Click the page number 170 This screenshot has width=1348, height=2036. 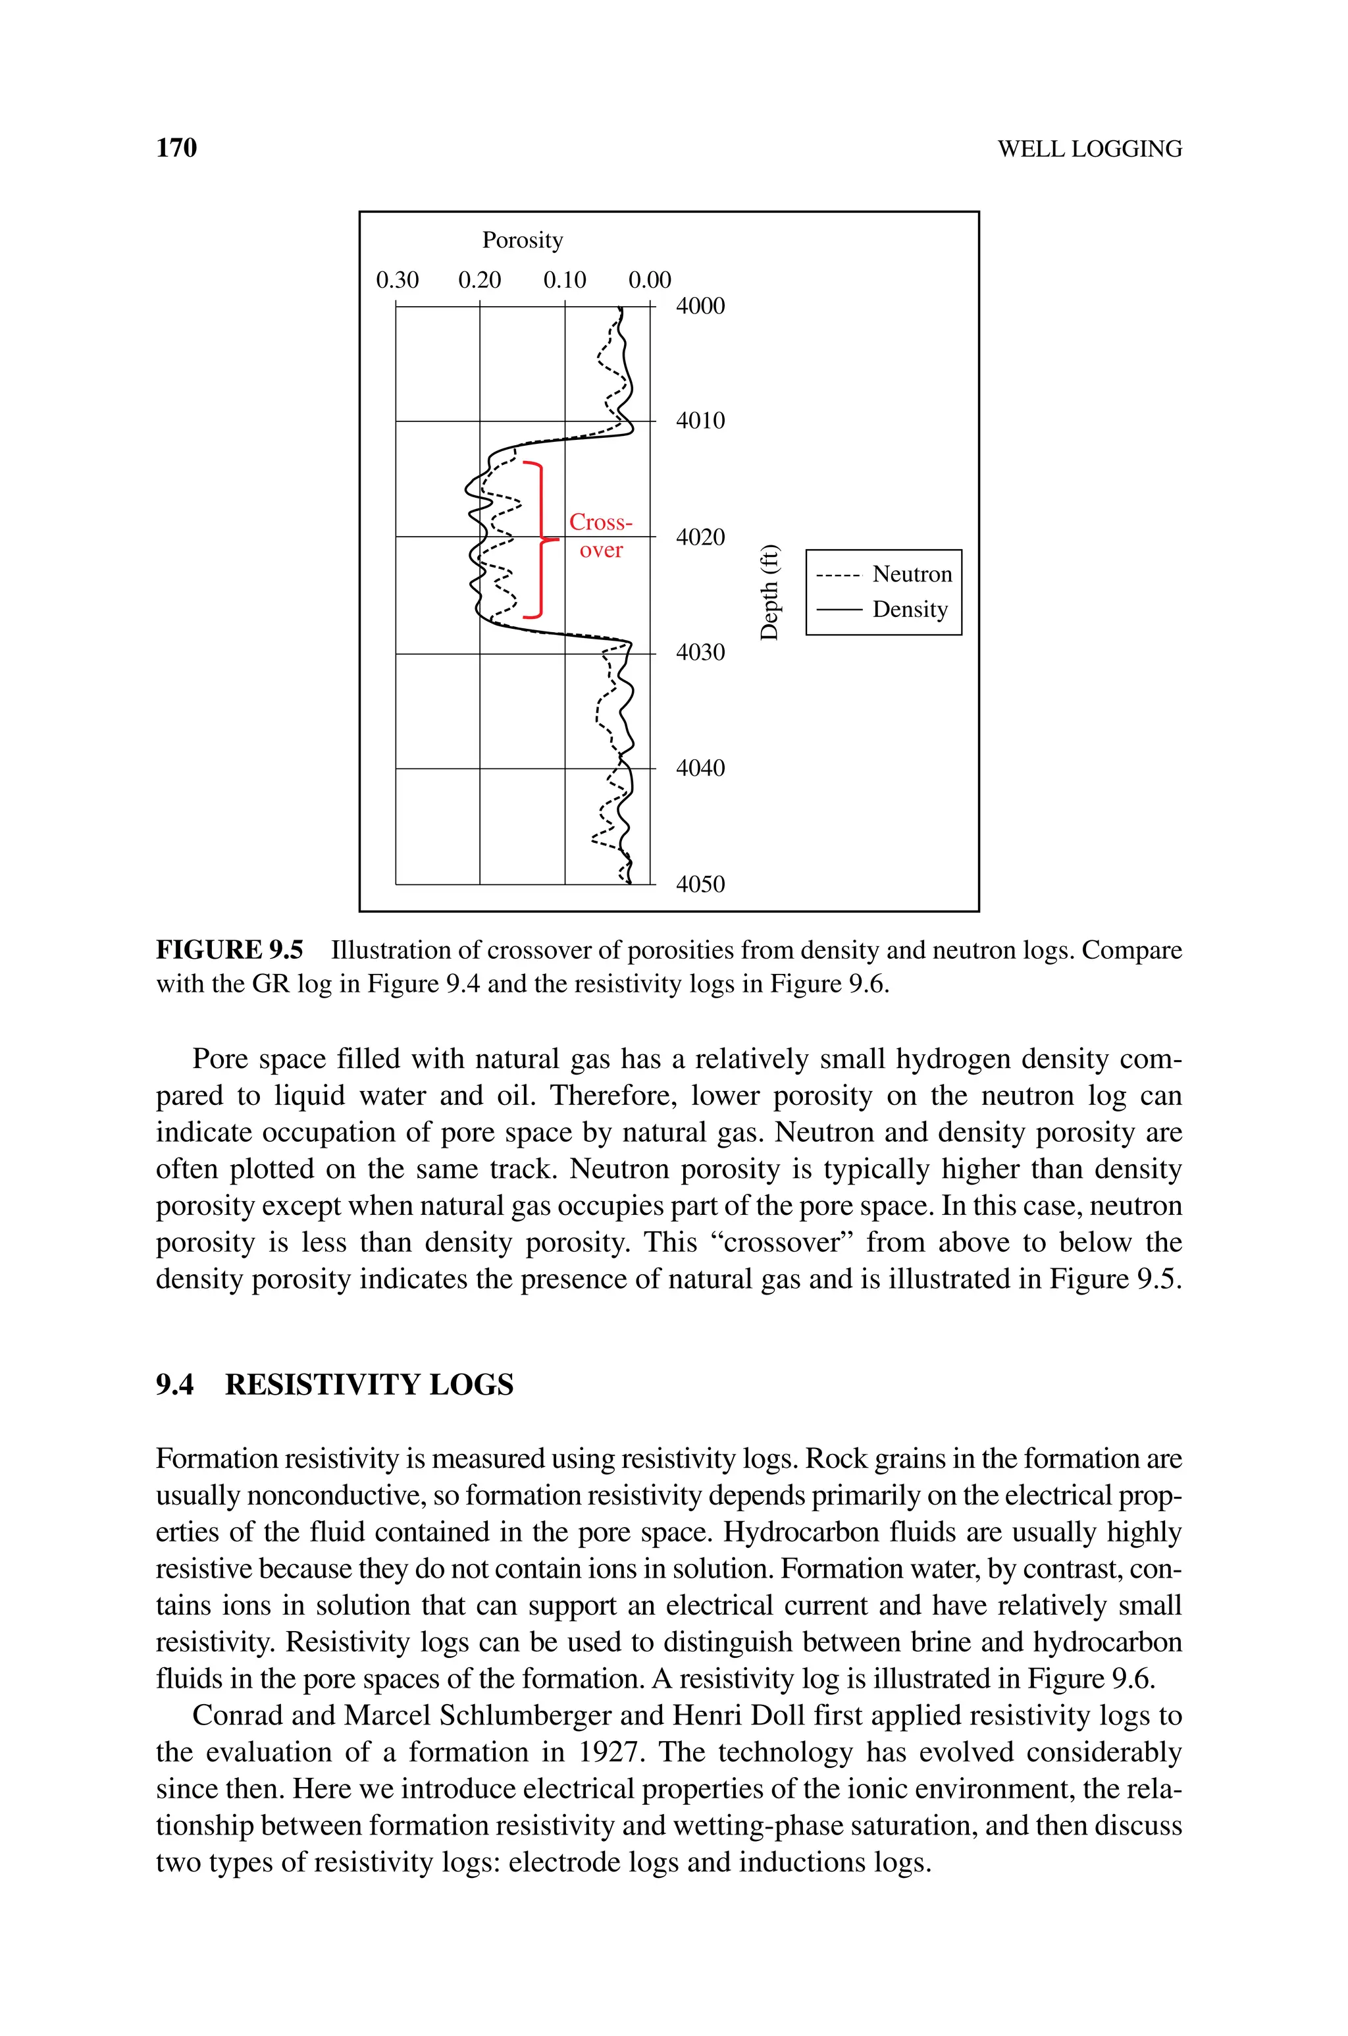click(176, 148)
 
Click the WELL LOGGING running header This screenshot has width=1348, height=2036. click(1089, 149)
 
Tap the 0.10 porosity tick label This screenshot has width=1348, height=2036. click(564, 281)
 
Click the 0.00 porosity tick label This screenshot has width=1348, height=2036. click(649, 281)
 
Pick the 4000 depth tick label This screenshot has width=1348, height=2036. click(700, 306)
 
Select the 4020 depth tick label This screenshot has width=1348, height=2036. click(700, 537)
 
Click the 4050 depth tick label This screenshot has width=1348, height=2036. click(700, 884)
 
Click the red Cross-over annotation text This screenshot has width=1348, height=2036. click(601, 535)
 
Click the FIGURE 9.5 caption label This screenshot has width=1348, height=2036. click(230, 950)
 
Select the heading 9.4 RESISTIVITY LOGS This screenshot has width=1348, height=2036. click(334, 1384)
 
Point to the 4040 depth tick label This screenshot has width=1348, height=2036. click(700, 768)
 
